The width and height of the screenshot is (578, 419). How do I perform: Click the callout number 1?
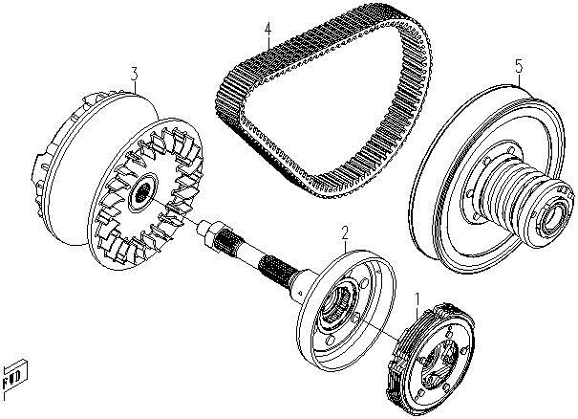click(x=417, y=298)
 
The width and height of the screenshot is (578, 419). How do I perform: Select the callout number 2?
click(x=345, y=232)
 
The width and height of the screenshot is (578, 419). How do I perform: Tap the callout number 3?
click(x=135, y=75)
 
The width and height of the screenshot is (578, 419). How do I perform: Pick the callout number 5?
click(x=519, y=66)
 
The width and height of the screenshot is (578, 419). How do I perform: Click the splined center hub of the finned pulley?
click(x=141, y=192)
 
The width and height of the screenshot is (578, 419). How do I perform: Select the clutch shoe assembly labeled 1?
click(x=431, y=359)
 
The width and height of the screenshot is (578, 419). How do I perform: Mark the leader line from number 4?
click(x=268, y=43)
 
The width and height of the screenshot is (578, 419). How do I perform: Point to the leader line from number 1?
click(x=417, y=312)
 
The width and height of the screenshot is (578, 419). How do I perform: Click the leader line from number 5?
click(x=520, y=79)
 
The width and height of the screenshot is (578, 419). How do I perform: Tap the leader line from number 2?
click(x=345, y=245)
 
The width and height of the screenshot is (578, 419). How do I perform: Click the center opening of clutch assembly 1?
click(x=440, y=364)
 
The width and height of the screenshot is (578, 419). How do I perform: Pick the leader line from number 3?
click(x=136, y=87)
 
